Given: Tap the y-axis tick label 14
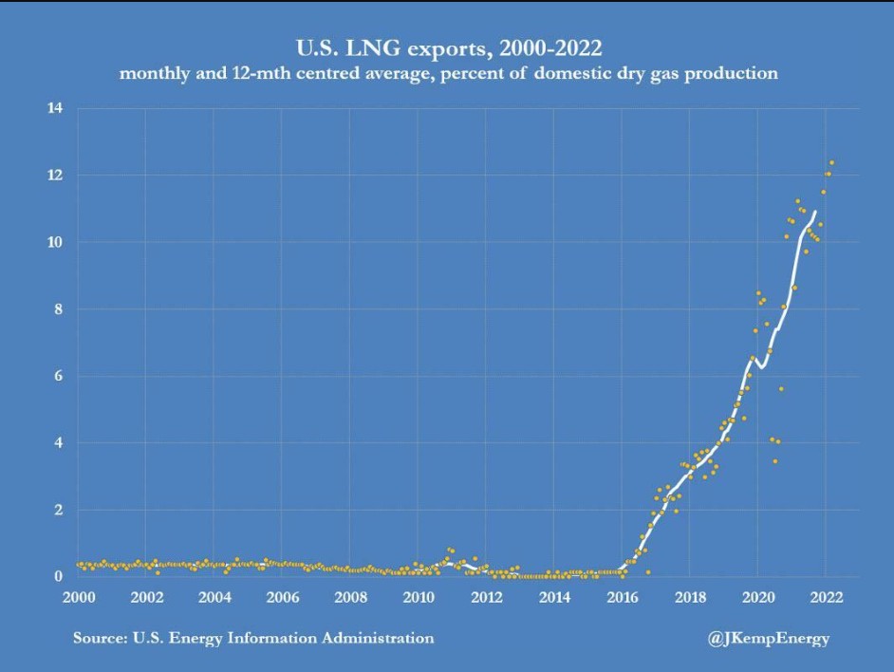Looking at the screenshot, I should tap(55, 108).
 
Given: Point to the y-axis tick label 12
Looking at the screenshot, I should tap(55, 176).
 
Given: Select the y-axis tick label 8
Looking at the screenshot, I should tap(59, 309).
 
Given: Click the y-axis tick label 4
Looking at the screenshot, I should tap(59, 443).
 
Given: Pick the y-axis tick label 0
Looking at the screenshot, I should tap(59, 576).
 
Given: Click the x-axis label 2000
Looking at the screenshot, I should tap(78, 597).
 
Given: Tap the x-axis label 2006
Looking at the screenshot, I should tap(282, 597).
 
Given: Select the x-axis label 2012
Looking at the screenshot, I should tap(486, 597).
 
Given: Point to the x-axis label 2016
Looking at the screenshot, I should tap(622, 597).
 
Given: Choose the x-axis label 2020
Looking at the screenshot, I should tap(757, 597).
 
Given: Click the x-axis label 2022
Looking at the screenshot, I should tap(825, 597).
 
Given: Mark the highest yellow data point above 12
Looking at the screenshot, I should tap(831, 162).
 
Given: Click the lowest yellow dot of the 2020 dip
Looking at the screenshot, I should tap(774, 461).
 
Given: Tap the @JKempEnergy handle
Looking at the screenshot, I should tap(768, 639).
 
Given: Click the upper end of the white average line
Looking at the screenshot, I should tap(814, 212).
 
